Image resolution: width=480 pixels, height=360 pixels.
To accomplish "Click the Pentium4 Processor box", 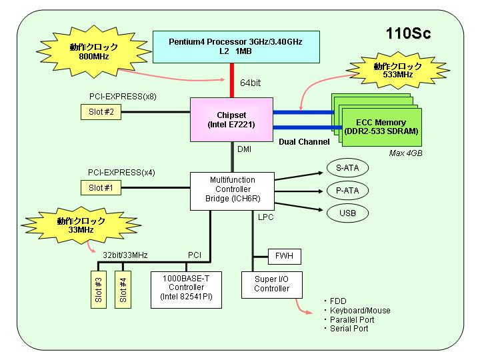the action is click(x=236, y=47).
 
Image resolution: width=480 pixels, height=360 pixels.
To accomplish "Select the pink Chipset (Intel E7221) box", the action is click(x=231, y=120).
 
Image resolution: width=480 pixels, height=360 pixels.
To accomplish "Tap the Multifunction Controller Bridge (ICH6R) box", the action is click(x=233, y=191).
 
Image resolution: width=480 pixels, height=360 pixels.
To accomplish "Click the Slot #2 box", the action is click(x=101, y=112).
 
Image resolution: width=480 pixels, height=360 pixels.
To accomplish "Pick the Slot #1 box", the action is click(x=101, y=187).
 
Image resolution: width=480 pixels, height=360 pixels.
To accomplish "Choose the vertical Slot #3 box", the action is click(x=99, y=289).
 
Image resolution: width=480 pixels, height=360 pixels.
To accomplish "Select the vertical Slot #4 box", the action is click(x=123, y=289).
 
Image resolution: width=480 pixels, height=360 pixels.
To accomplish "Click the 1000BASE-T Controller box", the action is click(x=186, y=290).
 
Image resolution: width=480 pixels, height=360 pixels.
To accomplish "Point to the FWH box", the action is click(x=285, y=257).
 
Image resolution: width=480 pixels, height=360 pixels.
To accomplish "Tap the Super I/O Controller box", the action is click(x=272, y=285).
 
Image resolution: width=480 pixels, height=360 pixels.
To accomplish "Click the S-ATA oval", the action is click(x=347, y=168).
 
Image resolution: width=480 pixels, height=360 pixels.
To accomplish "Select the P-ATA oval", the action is click(x=347, y=191).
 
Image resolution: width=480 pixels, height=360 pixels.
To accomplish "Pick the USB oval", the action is click(x=347, y=213).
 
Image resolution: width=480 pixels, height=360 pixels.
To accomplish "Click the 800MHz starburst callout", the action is click(x=94, y=51).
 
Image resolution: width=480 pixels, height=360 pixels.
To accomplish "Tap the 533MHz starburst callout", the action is click(x=397, y=71).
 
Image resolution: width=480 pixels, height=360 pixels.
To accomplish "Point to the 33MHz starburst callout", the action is click(x=81, y=225).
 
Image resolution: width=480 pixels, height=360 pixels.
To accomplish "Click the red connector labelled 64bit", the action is click(x=232, y=81).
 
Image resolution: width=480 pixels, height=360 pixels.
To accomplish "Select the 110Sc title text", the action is click(x=409, y=33).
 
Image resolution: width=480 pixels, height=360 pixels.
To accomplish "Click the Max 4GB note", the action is click(x=405, y=153).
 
